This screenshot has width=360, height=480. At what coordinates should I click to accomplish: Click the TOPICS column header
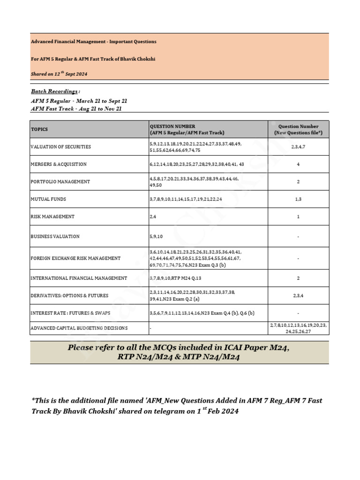pos(39,129)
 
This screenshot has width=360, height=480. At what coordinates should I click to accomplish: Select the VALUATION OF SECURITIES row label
pos(61,147)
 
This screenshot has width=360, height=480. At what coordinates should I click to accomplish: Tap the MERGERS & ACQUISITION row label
pos(59,165)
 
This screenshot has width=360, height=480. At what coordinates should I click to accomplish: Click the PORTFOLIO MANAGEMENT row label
pos(60,182)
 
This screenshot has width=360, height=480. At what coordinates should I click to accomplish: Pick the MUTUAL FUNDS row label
pos(48,199)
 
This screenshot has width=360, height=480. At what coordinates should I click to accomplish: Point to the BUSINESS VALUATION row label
pos(55,237)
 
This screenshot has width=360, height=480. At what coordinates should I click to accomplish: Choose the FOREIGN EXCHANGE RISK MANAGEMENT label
pos(75,258)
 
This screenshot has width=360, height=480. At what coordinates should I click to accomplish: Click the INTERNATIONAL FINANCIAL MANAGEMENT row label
pos(79,278)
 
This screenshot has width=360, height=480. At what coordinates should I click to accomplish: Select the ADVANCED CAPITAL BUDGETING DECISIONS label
pos(79,328)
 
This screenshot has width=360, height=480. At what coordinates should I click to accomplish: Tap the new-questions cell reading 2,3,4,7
pos(299,147)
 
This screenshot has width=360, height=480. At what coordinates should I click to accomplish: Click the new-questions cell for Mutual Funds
pos(299,199)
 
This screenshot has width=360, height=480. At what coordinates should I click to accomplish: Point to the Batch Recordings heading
pos(55,91)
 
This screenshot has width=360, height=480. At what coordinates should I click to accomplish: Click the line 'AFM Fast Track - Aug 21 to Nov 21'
pos(78,109)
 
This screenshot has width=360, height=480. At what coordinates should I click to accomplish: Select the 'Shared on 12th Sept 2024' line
pos(59,74)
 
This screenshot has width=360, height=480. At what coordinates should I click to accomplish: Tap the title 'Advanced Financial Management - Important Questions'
pos(94,42)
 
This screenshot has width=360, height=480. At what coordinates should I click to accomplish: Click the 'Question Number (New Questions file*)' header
pos(299,129)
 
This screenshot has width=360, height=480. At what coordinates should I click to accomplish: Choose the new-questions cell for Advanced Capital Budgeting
pos(299,328)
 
